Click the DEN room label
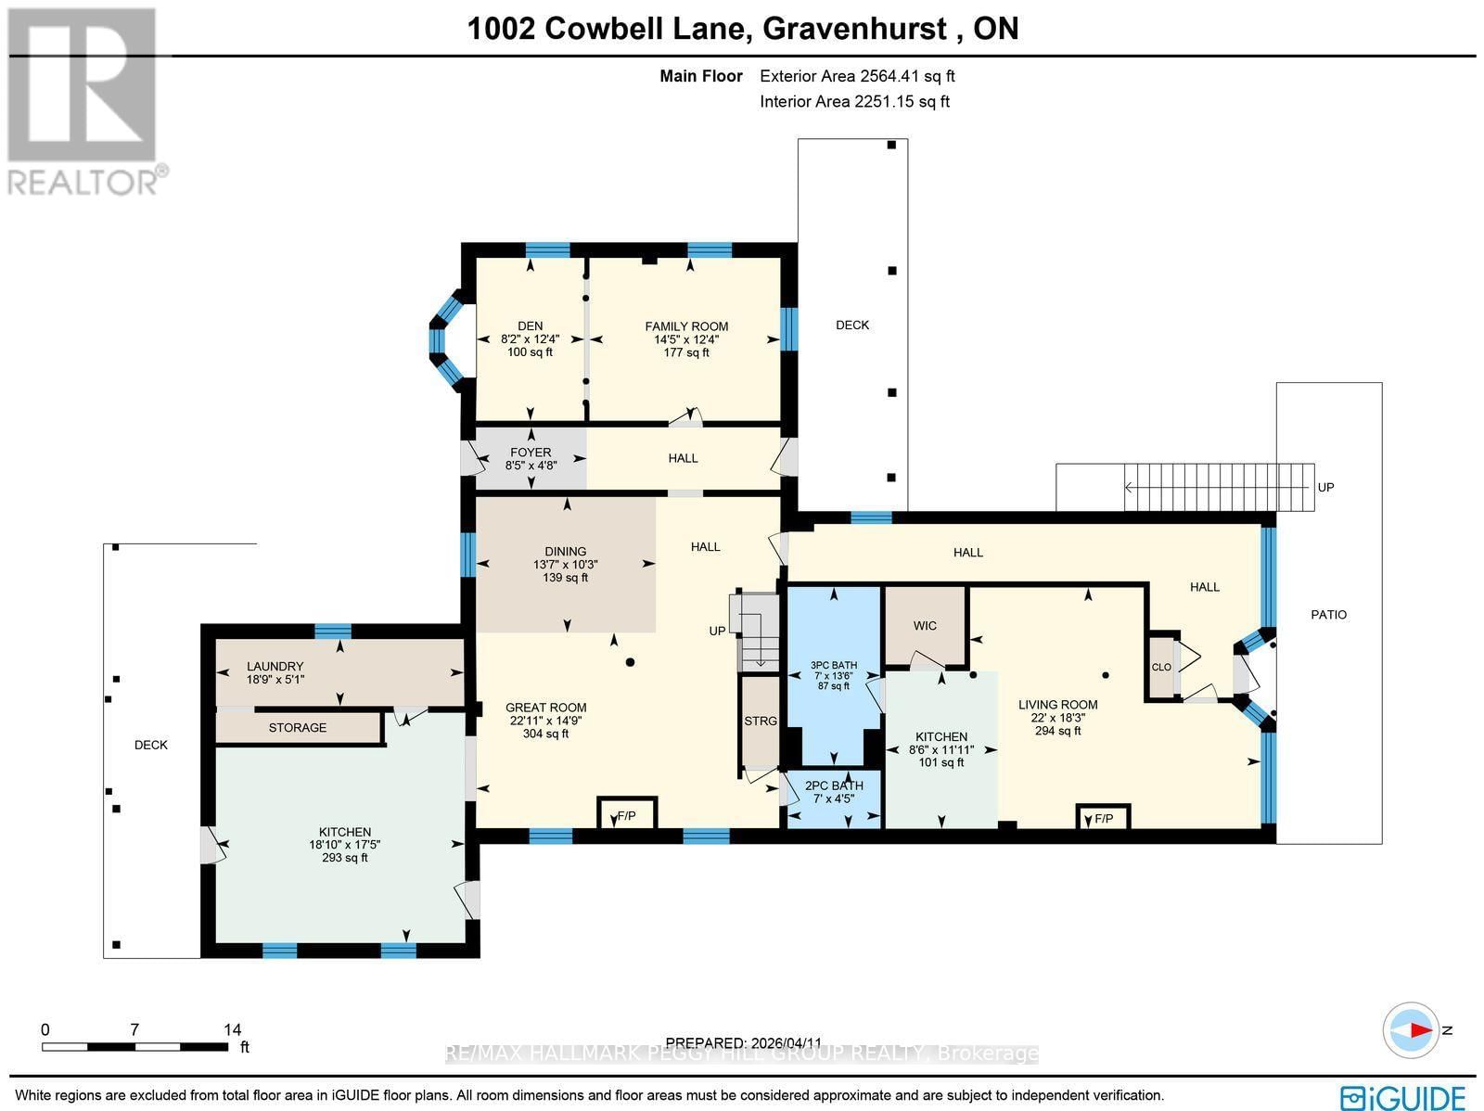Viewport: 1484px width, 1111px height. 530,326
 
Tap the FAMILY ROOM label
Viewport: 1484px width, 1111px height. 686,326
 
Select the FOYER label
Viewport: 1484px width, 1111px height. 531,453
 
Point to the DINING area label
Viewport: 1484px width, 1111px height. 565,552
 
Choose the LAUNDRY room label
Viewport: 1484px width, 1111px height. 275,667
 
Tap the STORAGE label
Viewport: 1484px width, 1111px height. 298,728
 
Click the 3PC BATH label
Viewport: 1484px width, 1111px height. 833,665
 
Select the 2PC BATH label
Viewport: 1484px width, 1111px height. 833,785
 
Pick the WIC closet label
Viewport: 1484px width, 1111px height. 925,626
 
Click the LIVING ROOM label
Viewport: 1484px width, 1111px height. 1057,705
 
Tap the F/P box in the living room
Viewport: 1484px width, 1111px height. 1103,819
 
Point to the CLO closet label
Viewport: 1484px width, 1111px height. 1161,668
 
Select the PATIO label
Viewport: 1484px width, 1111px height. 1328,615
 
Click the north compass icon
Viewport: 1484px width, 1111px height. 1412,1030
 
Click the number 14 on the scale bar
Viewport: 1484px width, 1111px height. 232,1029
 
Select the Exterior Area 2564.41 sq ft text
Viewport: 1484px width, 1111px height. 857,77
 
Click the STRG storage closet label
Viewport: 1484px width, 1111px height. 760,721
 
